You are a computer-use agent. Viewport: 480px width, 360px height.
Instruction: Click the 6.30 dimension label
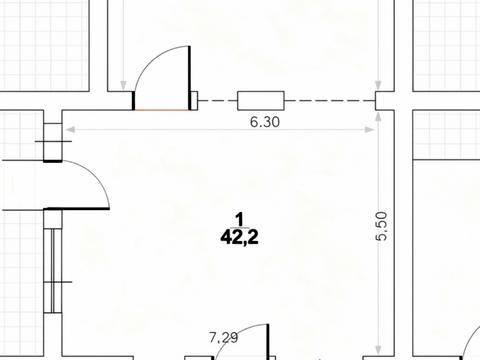(x=265, y=122)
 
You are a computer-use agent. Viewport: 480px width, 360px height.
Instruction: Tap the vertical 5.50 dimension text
(x=382, y=226)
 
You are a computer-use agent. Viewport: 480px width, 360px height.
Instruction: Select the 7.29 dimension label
(x=224, y=338)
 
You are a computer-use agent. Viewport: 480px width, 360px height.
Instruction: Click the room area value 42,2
(x=239, y=238)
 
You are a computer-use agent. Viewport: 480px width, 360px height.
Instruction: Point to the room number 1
(x=239, y=220)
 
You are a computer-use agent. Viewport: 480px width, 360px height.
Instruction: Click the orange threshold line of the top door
(x=162, y=109)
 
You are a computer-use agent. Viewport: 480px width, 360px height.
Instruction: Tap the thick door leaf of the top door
(x=190, y=78)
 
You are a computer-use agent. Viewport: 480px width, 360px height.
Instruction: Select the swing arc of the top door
(x=152, y=57)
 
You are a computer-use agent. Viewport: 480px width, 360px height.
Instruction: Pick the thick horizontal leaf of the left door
(x=77, y=209)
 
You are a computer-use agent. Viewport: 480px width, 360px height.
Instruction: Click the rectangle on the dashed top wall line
(x=261, y=100)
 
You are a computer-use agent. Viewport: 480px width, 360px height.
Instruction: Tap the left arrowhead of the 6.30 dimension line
(x=70, y=129)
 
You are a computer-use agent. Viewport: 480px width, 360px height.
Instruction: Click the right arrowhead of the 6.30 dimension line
(x=370, y=129)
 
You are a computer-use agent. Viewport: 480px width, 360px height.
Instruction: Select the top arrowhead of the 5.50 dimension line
(x=378, y=117)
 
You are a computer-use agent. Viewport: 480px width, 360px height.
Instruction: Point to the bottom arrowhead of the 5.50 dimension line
(x=378, y=350)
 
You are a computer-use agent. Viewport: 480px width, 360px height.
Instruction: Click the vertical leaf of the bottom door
(x=268, y=342)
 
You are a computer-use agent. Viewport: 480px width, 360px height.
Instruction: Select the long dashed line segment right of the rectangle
(x=330, y=100)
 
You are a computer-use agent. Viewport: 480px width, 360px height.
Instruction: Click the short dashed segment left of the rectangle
(x=217, y=100)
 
